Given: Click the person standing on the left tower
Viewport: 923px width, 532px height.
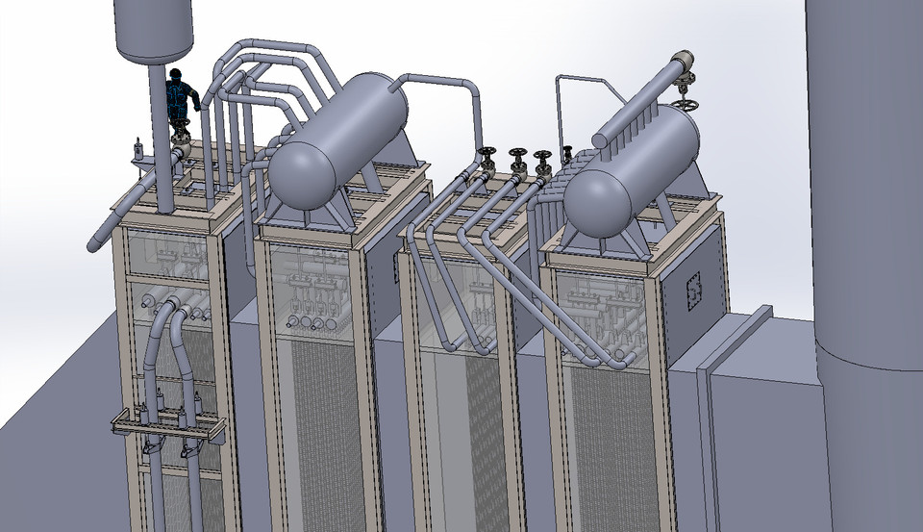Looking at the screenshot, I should click(180, 98).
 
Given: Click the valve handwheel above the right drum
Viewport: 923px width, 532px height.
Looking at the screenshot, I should click(685, 101).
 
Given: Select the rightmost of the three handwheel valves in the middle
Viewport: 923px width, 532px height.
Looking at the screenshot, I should click(543, 159).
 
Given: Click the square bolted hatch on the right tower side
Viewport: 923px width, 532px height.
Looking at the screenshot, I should click(690, 288).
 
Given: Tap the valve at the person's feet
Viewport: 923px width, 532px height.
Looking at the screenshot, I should click(179, 136).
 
